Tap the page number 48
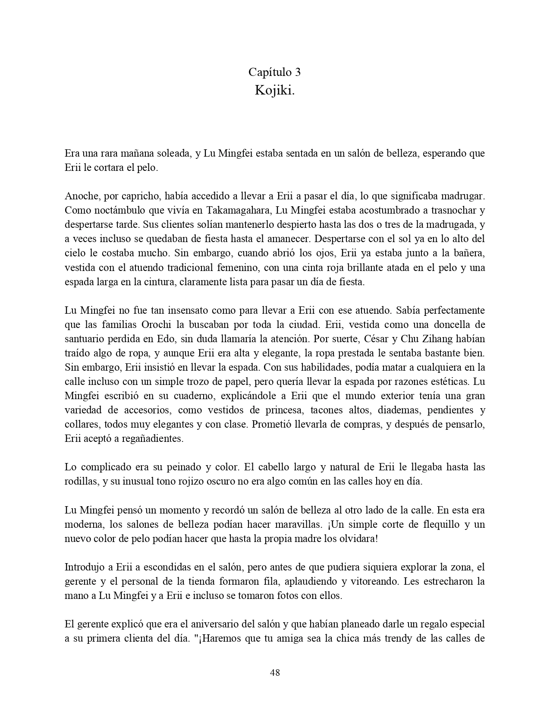(x=275, y=672)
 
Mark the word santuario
(x=85, y=339)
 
